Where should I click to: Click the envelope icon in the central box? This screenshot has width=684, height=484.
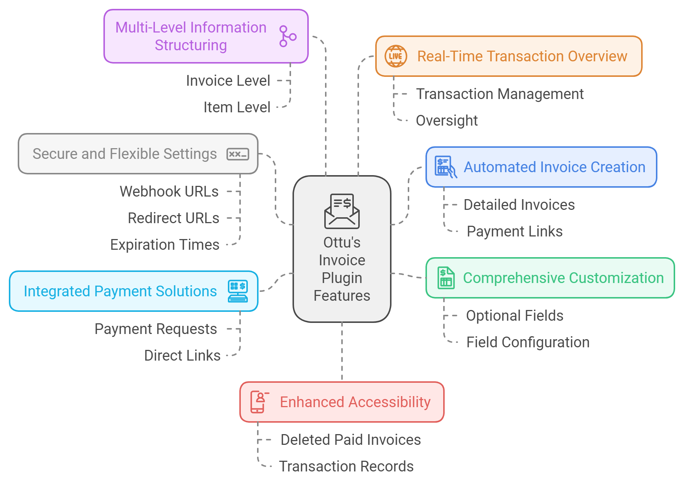pyautogui.click(x=342, y=211)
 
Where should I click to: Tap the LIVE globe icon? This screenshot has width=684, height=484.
pyautogui.click(x=396, y=56)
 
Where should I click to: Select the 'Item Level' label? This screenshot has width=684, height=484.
pyautogui.click(x=237, y=107)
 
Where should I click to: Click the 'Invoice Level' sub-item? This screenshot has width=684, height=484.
pyautogui.click(x=228, y=81)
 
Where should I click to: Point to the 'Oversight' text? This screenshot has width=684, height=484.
pyautogui.click(x=447, y=120)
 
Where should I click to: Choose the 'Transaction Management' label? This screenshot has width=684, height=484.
pyautogui.click(x=500, y=94)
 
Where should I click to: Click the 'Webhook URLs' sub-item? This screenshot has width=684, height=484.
pyautogui.click(x=169, y=191)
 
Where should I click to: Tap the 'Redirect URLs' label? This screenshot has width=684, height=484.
pyautogui.click(x=174, y=218)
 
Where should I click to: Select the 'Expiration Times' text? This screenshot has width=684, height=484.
pyautogui.click(x=165, y=245)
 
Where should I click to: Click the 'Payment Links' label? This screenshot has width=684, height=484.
pyautogui.click(x=514, y=231)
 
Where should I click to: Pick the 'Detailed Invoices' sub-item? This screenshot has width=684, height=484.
pyautogui.click(x=519, y=205)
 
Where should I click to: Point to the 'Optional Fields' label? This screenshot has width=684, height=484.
pyautogui.click(x=514, y=316)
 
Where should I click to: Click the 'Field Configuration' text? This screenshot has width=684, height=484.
pyautogui.click(x=528, y=342)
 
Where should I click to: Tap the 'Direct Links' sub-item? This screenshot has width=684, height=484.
pyautogui.click(x=182, y=355)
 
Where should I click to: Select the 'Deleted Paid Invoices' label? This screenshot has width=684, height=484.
pyautogui.click(x=350, y=440)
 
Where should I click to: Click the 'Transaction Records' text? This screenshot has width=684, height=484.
pyautogui.click(x=346, y=466)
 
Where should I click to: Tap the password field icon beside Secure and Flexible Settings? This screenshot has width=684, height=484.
pyautogui.click(x=238, y=154)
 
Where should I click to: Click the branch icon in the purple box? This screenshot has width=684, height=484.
pyautogui.click(x=287, y=36)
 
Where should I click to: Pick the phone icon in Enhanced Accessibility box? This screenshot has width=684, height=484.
pyautogui.click(x=259, y=402)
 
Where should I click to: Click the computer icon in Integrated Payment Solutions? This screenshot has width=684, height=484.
pyautogui.click(x=238, y=291)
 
